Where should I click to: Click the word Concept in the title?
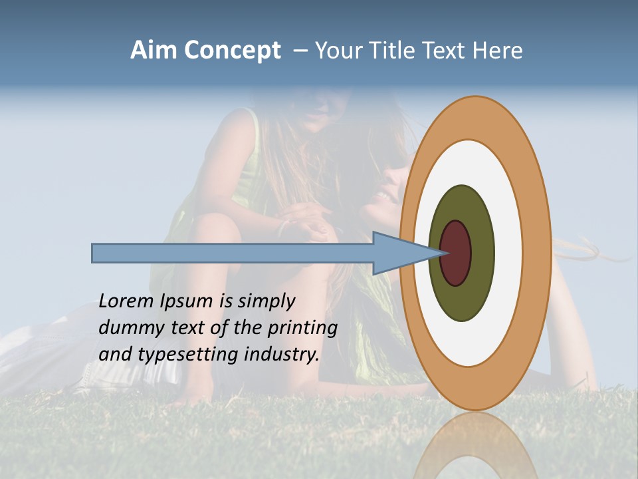pyautogui.click(x=232, y=51)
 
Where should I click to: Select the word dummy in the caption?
pyautogui.click(x=128, y=329)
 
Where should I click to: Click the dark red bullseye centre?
pyautogui.click(x=456, y=253)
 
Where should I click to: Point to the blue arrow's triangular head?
pyautogui.click(x=399, y=253)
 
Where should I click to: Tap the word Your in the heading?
pyautogui.click(x=338, y=51)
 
